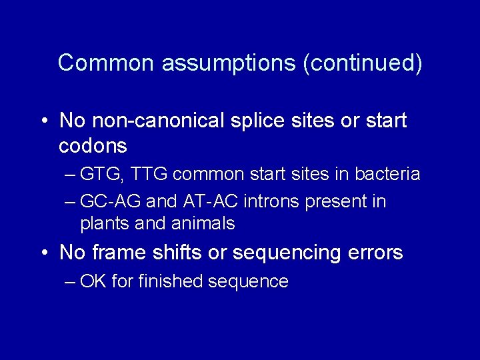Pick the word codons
click(x=93, y=145)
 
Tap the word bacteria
click(x=388, y=175)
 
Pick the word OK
click(x=93, y=281)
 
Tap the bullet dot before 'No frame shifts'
click(x=43, y=254)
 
